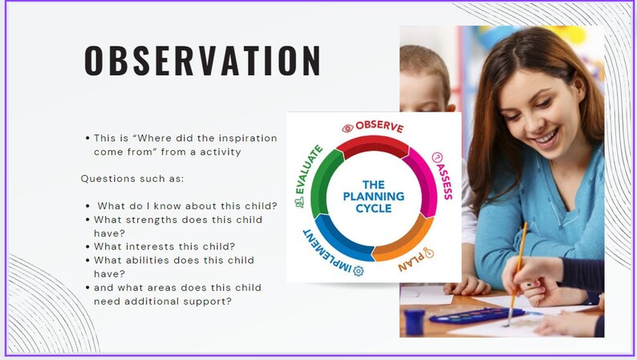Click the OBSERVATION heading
click(x=203, y=62)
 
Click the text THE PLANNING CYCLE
click(x=373, y=196)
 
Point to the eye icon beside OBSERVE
click(x=347, y=127)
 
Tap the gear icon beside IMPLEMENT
click(x=358, y=271)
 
